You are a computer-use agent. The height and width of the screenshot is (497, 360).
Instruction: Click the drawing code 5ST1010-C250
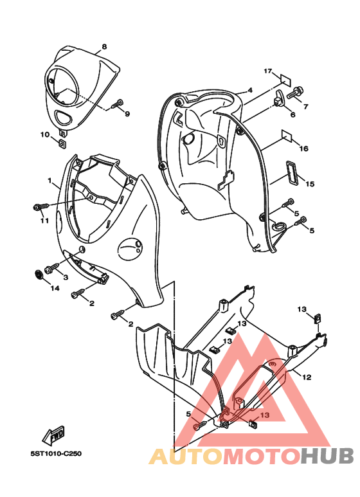(x=56, y=453)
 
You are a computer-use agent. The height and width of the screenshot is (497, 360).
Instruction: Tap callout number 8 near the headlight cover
(x=104, y=46)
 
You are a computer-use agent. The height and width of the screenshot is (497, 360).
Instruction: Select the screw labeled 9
(x=118, y=104)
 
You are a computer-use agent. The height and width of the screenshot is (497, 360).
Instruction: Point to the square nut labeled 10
(x=63, y=144)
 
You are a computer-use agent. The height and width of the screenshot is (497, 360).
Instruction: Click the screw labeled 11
(x=41, y=206)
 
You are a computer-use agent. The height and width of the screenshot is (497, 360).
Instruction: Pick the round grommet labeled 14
(x=39, y=275)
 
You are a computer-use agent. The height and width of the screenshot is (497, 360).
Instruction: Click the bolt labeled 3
(x=53, y=268)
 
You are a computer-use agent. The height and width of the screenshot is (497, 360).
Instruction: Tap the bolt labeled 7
(x=296, y=92)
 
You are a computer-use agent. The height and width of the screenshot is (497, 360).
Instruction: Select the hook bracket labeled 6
(x=280, y=98)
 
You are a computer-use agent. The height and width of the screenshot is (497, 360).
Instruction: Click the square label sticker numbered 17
(x=285, y=80)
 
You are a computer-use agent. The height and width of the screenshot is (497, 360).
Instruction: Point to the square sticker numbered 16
(x=287, y=135)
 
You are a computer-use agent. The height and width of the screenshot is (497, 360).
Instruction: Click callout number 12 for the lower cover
(x=307, y=377)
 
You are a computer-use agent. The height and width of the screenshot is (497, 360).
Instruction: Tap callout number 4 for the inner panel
(x=250, y=91)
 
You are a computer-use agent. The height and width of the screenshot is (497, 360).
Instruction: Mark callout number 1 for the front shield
(x=50, y=181)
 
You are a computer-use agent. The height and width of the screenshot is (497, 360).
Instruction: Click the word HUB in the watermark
(x=327, y=456)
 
